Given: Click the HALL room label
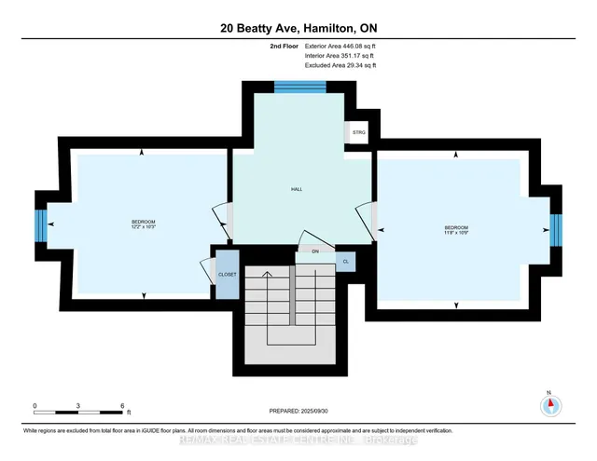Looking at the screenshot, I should [297, 189].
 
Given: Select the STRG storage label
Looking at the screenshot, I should [359, 134].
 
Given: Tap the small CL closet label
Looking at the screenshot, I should [344, 262].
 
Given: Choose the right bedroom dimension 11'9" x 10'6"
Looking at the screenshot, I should [456, 230].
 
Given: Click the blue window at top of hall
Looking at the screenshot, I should [299, 87].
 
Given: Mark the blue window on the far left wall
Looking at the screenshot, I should [40, 224].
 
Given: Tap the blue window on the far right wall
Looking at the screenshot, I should [555, 227].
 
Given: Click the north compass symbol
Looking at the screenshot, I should [549, 404].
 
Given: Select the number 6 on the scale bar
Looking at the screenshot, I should [122, 406].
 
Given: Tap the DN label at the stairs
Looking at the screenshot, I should [315, 251].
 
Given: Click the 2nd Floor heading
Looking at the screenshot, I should [284, 46].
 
